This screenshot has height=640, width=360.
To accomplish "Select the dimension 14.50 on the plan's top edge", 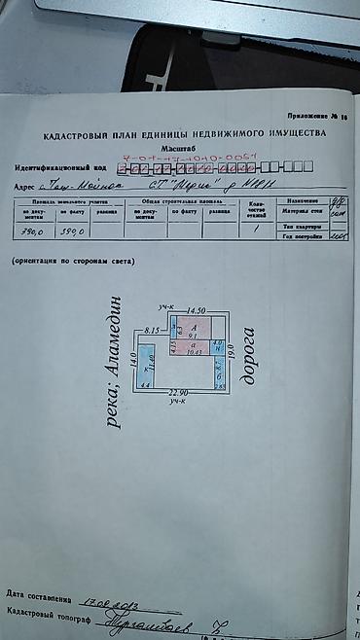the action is [199, 307].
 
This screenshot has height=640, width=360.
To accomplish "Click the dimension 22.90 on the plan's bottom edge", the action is [175, 393].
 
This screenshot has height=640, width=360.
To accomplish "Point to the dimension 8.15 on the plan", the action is [152, 332].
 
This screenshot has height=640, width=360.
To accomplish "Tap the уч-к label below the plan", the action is [175, 402].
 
